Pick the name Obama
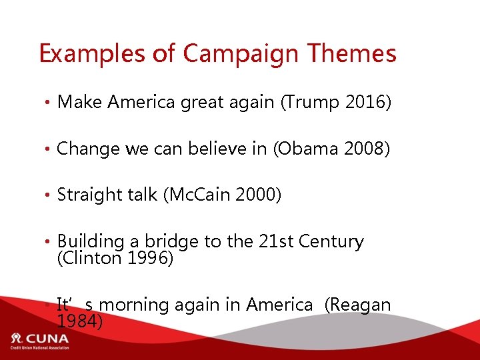tap(309, 149)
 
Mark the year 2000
tap(257, 195)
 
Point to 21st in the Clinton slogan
tap(276, 241)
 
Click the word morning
tap(137, 305)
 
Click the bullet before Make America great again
tap(49, 103)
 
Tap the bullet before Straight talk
tap(49, 196)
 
